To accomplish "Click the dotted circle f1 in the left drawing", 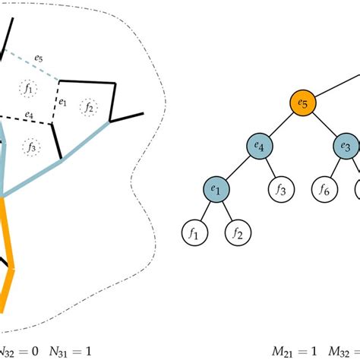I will (x=29, y=89).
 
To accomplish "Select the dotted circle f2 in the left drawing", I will (x=89, y=107).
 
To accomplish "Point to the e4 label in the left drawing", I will (x=28, y=115).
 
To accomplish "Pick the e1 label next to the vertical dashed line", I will (x=64, y=100).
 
